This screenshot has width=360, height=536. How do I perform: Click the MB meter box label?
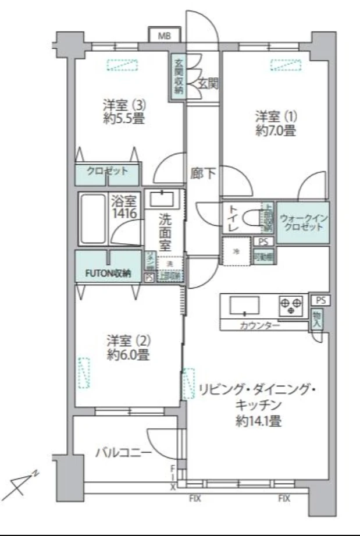[x=165, y=35]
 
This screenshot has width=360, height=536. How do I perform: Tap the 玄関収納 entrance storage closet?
[x=178, y=76]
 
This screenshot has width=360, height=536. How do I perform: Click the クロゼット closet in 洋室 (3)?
[x=108, y=173]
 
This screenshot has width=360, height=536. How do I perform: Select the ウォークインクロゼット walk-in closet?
[x=304, y=222]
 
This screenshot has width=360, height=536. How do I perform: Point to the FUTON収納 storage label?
[x=109, y=274]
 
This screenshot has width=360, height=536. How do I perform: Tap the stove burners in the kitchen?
[x=291, y=304]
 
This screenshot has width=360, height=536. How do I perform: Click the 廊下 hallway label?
[x=203, y=173]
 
